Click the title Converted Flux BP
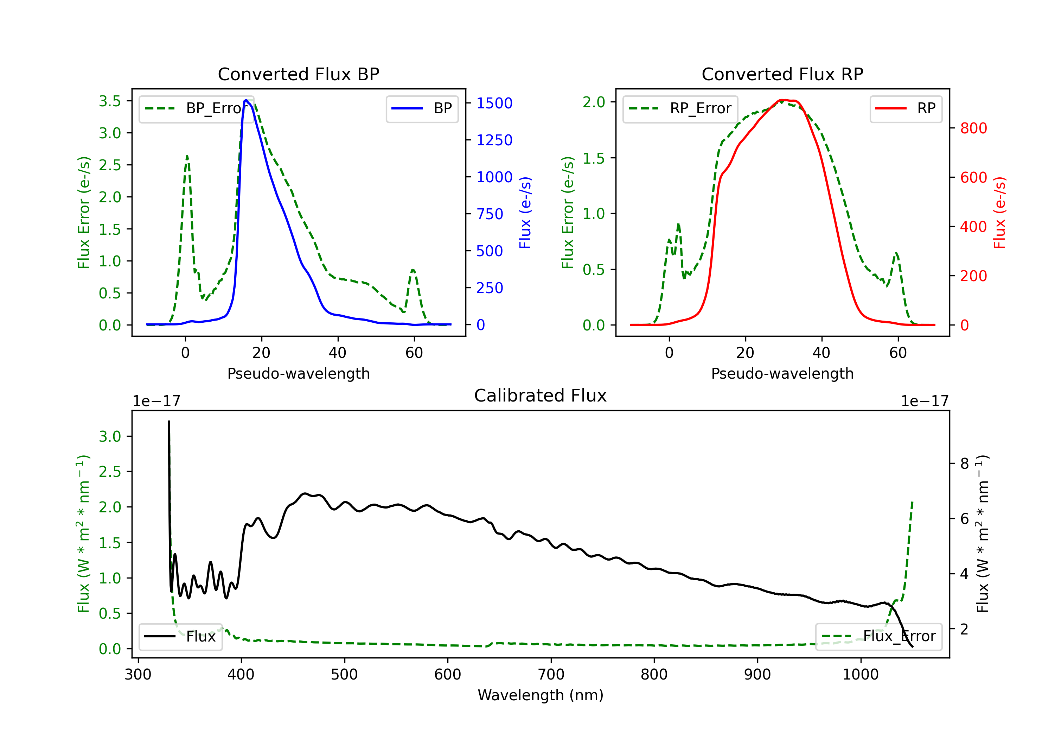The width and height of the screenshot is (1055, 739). [x=298, y=74]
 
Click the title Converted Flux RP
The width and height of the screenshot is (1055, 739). [x=782, y=74]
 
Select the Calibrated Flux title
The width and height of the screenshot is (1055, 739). [x=541, y=396]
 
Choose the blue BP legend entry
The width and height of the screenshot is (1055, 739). [x=422, y=108]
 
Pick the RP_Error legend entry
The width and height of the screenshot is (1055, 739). [x=680, y=108]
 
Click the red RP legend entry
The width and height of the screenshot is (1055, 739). [x=906, y=108]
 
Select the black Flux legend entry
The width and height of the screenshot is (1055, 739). [x=180, y=637]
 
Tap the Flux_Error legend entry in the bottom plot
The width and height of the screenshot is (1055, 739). [x=878, y=637]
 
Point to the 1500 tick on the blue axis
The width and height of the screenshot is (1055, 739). [x=494, y=103]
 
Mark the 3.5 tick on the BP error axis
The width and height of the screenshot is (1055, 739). [x=110, y=101]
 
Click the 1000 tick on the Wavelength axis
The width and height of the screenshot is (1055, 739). [x=860, y=675]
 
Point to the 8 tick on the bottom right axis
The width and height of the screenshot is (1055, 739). [x=965, y=463]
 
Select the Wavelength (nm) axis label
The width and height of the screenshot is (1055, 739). [x=541, y=695]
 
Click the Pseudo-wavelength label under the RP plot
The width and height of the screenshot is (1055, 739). [x=782, y=373]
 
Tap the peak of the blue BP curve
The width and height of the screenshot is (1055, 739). [x=246, y=100]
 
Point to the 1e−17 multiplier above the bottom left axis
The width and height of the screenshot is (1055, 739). [x=156, y=401]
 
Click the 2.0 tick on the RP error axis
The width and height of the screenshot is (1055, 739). [x=594, y=102]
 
